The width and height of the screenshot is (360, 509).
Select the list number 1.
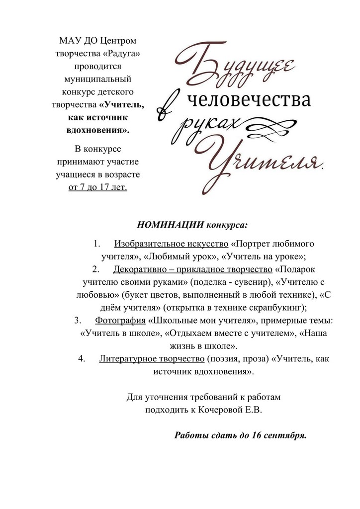(x=97, y=244)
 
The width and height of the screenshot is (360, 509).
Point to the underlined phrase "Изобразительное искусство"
(x=172, y=244)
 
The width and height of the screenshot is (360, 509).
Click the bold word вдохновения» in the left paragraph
(x=97, y=130)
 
